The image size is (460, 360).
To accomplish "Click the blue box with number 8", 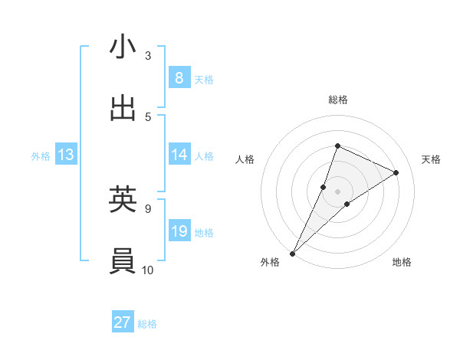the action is coord(179,77).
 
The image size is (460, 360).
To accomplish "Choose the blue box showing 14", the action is coord(179,154).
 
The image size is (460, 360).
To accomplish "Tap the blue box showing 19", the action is coord(179,231).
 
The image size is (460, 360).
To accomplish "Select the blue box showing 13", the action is coord(66,155).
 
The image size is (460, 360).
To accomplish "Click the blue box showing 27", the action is coord(123,322).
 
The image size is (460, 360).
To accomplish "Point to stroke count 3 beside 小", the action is coord(148,55).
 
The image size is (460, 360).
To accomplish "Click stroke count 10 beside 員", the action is coord(148,270).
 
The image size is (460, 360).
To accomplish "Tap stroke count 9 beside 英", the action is coord(148,208).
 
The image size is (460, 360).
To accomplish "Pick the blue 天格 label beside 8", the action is coord(204,79).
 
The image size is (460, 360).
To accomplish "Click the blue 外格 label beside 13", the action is coord(41,155).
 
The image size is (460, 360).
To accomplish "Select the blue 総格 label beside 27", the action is coord(147,324).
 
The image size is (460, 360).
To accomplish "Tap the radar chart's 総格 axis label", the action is coord(337,100).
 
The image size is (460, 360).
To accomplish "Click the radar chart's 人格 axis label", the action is coord(245,159).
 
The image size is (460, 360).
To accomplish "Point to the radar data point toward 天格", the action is coord(396,172).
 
